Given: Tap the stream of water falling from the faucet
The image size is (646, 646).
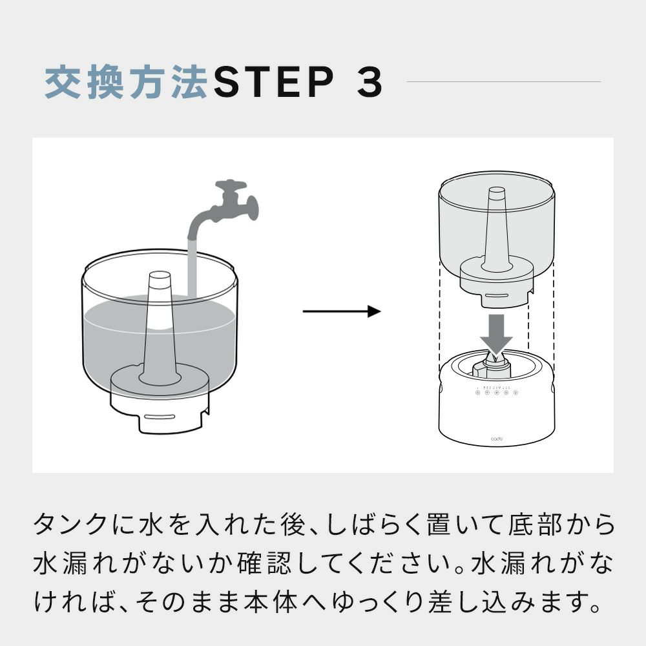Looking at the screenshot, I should [x=191, y=265].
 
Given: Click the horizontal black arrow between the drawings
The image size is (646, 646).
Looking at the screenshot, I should [x=341, y=311].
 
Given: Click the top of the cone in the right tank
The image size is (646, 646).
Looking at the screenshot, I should [x=496, y=191].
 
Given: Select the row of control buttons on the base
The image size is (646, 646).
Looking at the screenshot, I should [x=496, y=392].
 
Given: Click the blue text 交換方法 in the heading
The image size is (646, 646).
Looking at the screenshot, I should [x=126, y=82].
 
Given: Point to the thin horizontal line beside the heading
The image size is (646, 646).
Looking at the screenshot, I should [x=504, y=81].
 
